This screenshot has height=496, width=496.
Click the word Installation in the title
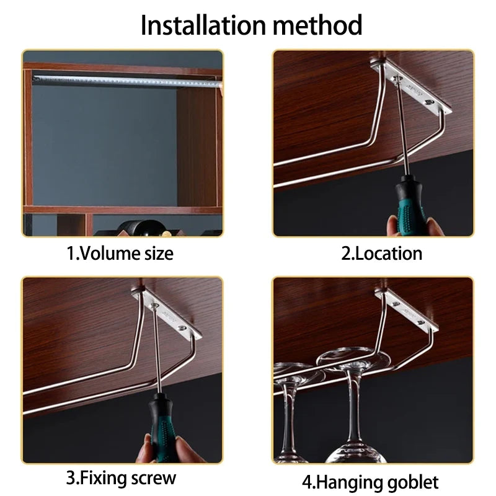tap(203, 25)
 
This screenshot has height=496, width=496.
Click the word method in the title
tap(317, 25)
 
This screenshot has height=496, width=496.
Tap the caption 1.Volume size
tap(120, 254)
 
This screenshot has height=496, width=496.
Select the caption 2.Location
tap(381, 254)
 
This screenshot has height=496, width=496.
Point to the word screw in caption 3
tap(153, 478)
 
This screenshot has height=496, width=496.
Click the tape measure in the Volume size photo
tap(127, 81)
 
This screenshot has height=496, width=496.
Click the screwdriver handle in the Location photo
tap(410, 205)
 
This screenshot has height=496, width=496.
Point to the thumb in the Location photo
tap(393, 226)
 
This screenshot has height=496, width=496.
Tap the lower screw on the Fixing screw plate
tap(182, 328)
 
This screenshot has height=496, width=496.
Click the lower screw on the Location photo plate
tap(429, 102)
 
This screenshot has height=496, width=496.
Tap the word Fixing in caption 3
tap(104, 478)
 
